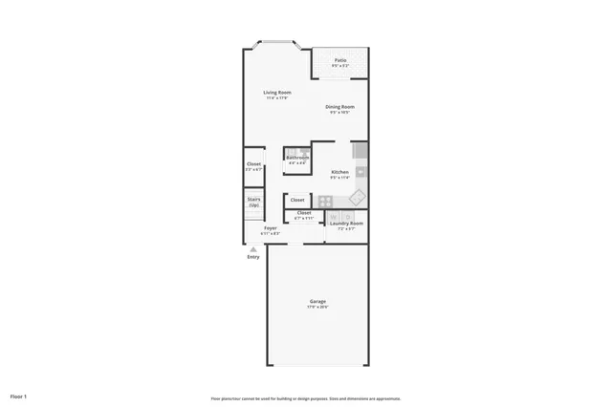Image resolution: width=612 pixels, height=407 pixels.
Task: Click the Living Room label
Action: click(x=277, y=92)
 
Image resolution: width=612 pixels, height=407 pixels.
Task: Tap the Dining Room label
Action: click(x=339, y=106)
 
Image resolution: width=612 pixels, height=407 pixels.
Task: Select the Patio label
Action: click(x=339, y=60)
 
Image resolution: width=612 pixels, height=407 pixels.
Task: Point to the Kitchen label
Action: click(x=339, y=172)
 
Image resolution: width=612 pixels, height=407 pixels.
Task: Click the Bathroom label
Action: click(x=297, y=158)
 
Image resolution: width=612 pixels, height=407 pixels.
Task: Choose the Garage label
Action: click(x=317, y=301)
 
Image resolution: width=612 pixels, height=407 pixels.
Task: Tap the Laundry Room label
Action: click(x=351, y=224)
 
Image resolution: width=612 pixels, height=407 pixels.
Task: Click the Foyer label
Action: click(x=271, y=228)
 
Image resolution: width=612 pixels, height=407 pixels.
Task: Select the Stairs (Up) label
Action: click(x=253, y=202)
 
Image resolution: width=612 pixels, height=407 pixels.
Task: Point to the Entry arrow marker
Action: click(x=253, y=248)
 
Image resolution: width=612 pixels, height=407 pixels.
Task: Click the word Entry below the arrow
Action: click(x=253, y=257)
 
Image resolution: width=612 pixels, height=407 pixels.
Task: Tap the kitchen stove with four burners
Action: click(x=325, y=201)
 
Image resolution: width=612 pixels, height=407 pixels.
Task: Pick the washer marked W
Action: click(x=334, y=216)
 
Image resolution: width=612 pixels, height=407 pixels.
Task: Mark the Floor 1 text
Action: click(x=19, y=396)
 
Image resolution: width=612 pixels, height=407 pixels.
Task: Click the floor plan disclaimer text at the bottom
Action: click(x=305, y=397)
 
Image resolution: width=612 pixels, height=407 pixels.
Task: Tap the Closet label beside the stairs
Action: click(x=253, y=164)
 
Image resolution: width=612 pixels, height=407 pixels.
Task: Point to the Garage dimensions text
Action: click(x=317, y=307)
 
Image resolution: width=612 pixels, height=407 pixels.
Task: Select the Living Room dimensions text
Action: click(x=277, y=97)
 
